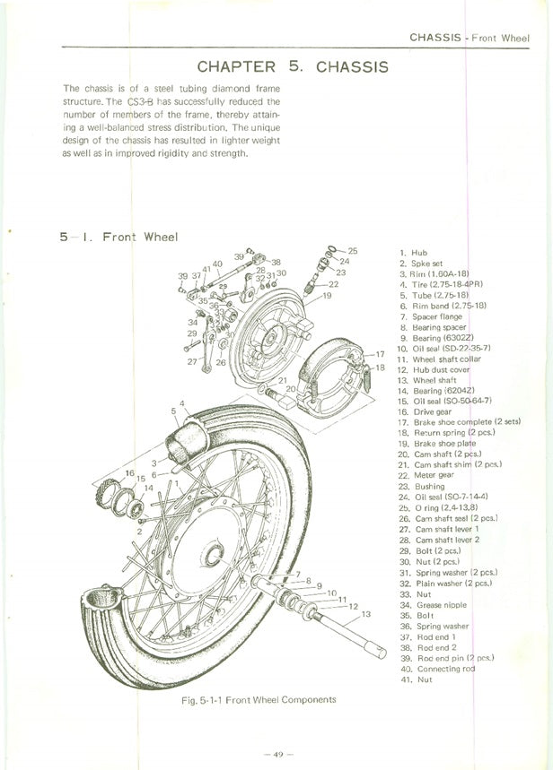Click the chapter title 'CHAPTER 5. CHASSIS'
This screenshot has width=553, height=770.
coord(292,67)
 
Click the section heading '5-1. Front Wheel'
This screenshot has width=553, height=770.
coord(118,237)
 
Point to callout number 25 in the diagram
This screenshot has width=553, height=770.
coord(353,250)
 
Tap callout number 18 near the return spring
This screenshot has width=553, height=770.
coord(380,368)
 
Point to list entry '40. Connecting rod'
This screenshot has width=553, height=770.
coord(437,669)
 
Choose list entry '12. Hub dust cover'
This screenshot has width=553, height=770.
coord(434,369)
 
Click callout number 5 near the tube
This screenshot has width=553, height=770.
coord(173,411)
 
